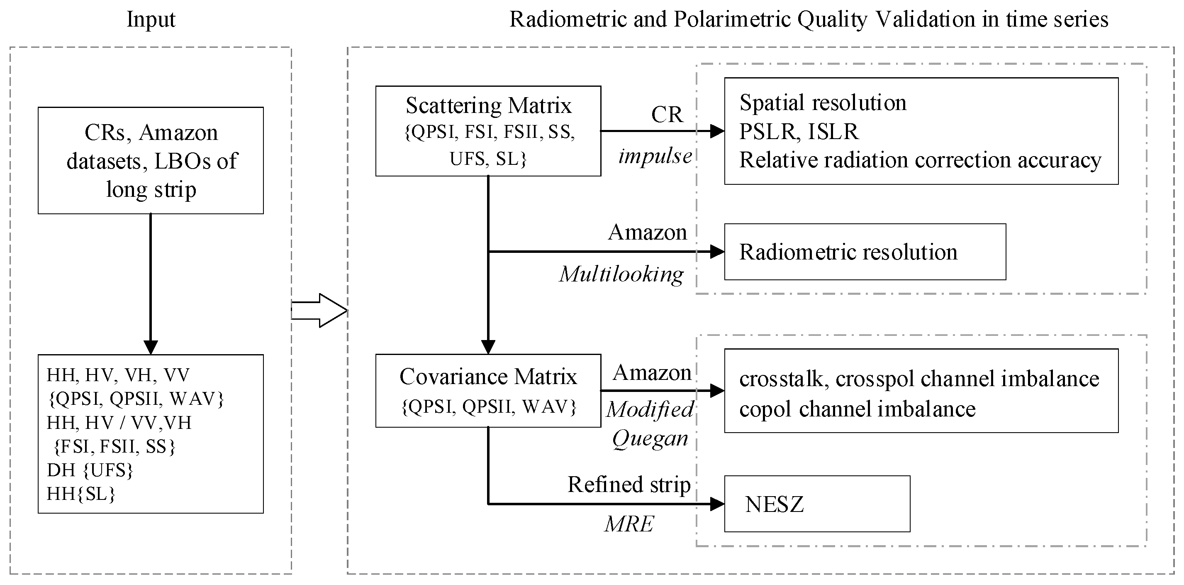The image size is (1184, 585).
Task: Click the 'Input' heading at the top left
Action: pos(151,20)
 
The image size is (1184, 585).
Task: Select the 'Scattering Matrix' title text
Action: pos(488,106)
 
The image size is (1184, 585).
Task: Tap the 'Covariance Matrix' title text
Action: pos(488,377)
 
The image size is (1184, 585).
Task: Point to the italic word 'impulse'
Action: pos(655,157)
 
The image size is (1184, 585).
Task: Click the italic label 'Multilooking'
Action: pos(621,274)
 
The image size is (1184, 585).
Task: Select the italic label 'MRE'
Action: pos(629,524)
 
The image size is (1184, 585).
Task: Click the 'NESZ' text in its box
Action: pos(774,504)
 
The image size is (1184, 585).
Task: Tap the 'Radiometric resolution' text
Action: pos(848,252)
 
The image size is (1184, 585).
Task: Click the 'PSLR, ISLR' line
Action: pos(798,132)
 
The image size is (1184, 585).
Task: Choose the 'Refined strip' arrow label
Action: pos(629,484)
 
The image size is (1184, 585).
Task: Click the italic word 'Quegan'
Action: pos(650,438)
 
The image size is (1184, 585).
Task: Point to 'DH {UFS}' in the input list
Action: pos(90,470)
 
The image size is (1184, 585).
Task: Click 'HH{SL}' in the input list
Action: pos(81,494)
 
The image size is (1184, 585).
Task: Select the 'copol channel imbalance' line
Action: pos(857,409)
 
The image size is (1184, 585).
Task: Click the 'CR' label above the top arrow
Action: pos(667,115)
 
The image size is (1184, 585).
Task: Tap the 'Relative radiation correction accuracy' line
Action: pos(920,160)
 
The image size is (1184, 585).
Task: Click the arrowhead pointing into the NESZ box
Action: pos(717,504)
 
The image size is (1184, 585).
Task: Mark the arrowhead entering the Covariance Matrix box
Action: pos(488,346)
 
